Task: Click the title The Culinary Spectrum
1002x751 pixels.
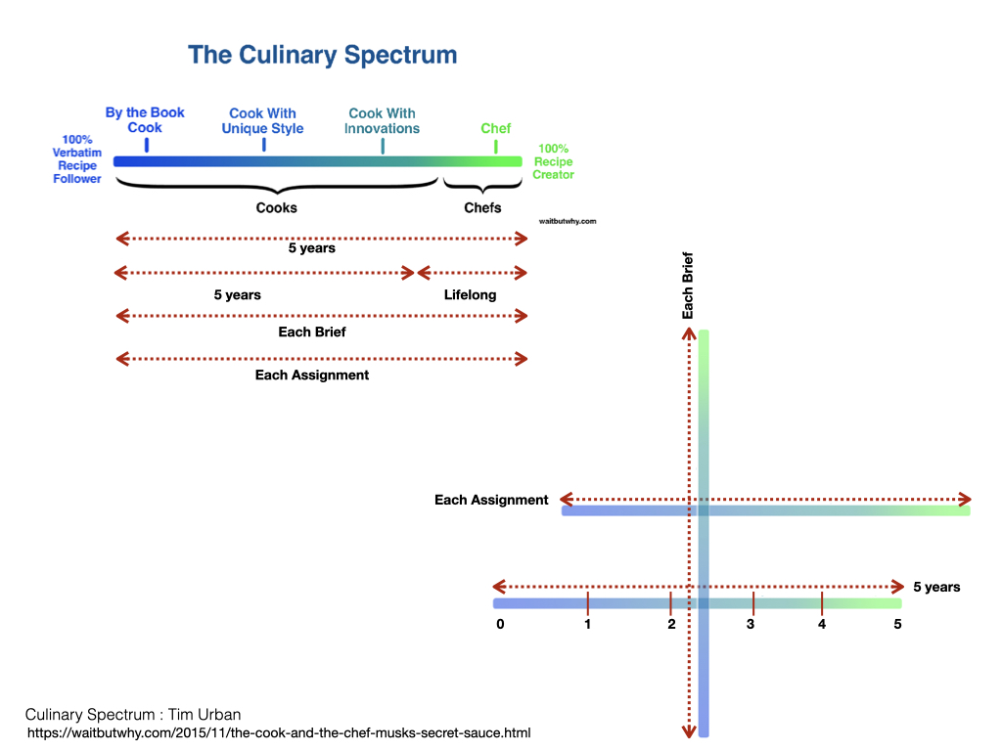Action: point(322,55)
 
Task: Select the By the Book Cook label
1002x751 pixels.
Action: point(145,120)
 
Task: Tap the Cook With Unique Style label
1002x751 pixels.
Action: point(262,121)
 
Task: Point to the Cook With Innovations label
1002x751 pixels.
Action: point(382,121)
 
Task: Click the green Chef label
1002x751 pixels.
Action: point(495,128)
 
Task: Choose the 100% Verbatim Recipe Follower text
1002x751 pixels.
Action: point(76,159)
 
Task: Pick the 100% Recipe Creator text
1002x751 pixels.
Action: point(554,161)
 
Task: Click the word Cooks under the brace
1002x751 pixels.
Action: point(276,207)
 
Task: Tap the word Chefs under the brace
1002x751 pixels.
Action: point(482,207)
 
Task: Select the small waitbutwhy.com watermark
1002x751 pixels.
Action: point(568,221)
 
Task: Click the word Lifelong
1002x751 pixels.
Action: point(470,294)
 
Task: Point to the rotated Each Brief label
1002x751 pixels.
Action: point(688,287)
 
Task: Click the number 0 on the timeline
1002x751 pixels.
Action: point(500,624)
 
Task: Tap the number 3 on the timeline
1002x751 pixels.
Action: point(751,624)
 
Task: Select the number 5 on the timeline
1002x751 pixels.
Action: point(897,624)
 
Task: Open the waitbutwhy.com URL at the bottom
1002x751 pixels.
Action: point(279,732)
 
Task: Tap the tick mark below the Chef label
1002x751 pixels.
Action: point(495,147)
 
